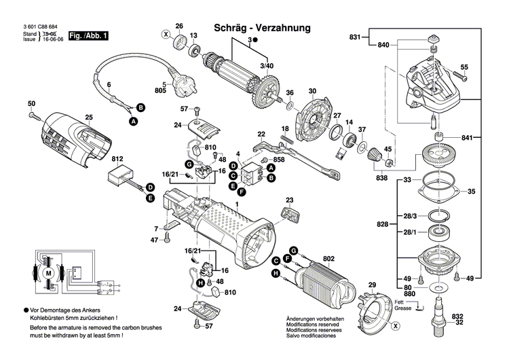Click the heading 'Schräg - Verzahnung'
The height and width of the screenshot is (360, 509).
pyautogui.click(x=262, y=28)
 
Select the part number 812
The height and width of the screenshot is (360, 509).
pyautogui.click(x=117, y=159)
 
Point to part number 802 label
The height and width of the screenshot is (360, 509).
pyautogui.click(x=329, y=258)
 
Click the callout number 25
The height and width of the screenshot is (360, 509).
pyautogui.click(x=88, y=117)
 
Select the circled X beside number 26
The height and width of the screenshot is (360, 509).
pyautogui.click(x=165, y=34)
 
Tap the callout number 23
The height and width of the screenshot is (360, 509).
pyautogui.click(x=290, y=200)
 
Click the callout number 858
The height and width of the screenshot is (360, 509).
pyautogui.click(x=260, y=159)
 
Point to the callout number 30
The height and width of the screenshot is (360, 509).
pyautogui.click(x=312, y=91)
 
